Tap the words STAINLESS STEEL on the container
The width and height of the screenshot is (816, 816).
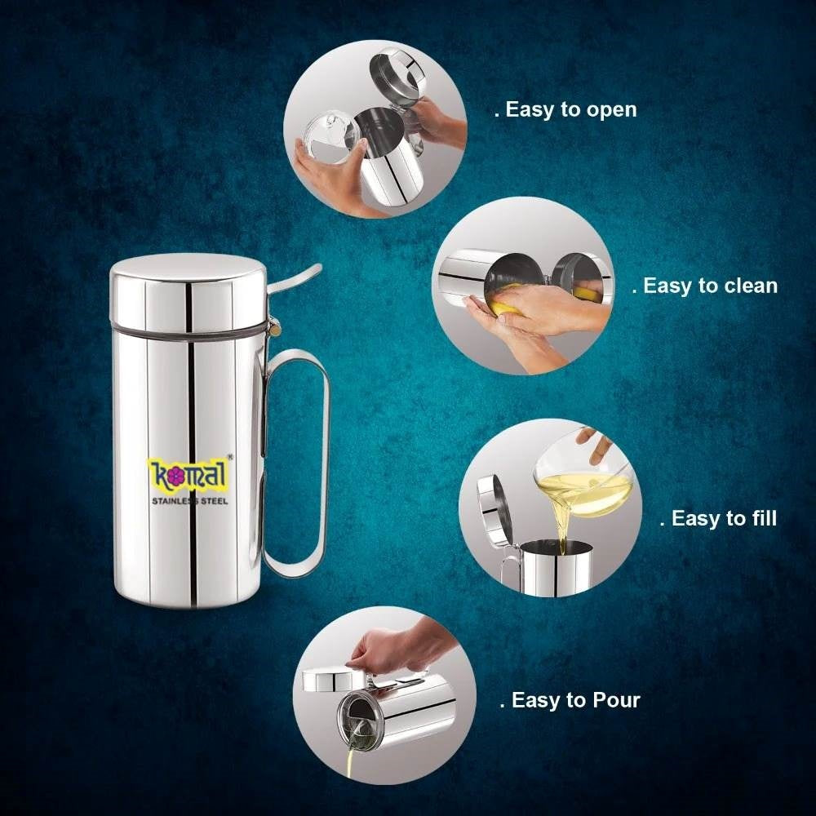(188, 499)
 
